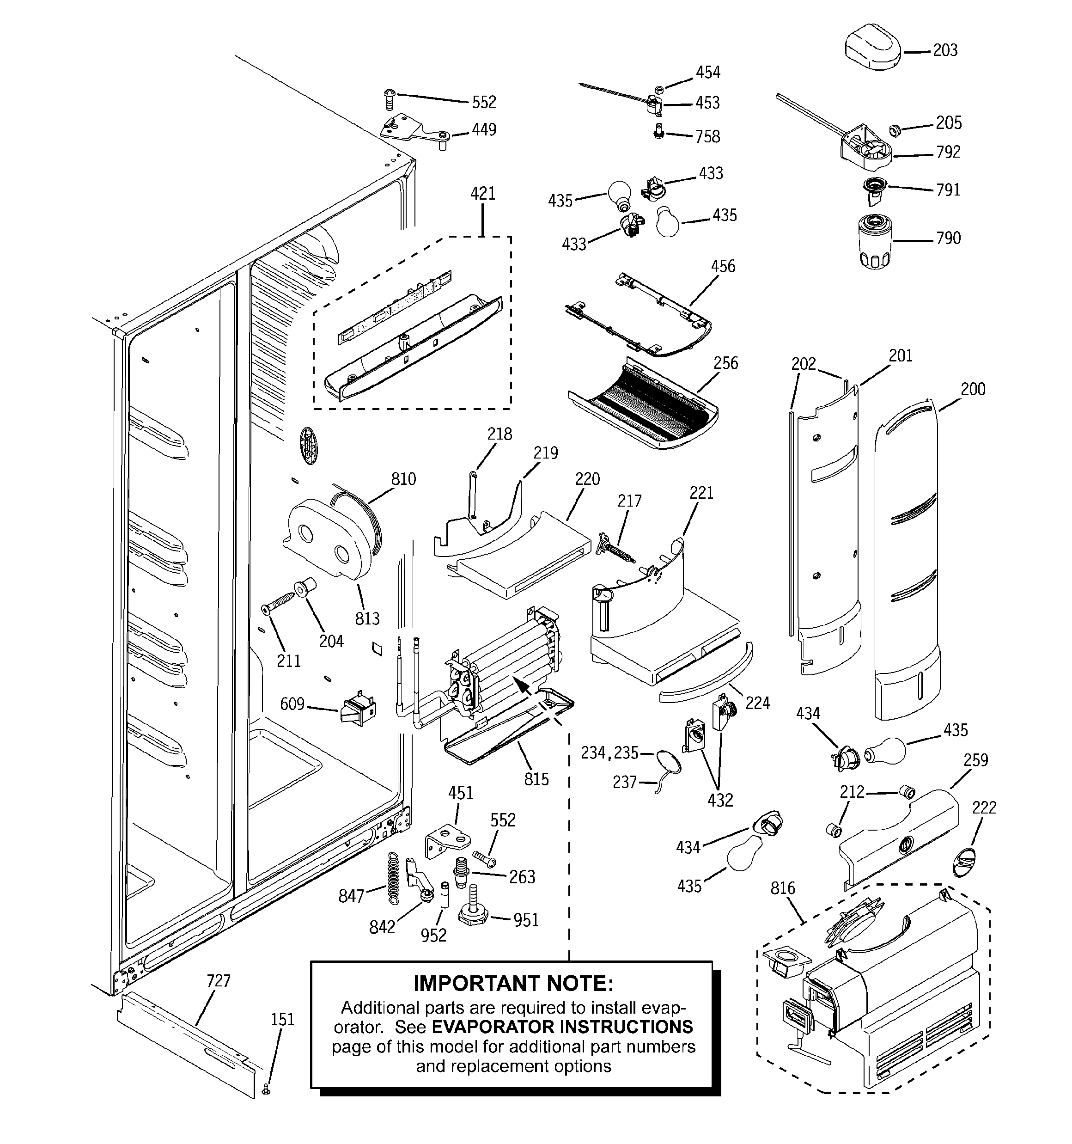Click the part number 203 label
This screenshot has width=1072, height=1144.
tap(945, 51)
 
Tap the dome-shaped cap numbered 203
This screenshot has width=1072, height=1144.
tap(872, 47)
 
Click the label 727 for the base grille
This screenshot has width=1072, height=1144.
tap(218, 980)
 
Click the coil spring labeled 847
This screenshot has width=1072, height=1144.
tap(392, 876)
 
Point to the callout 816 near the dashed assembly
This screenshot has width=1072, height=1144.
tap(783, 888)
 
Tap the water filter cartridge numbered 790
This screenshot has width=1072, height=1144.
tap(875, 240)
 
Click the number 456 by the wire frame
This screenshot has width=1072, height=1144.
tap(723, 266)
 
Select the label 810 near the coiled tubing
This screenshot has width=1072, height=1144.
tap(403, 479)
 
